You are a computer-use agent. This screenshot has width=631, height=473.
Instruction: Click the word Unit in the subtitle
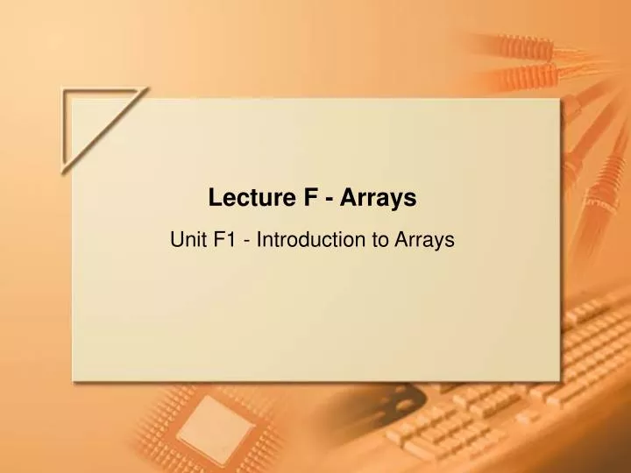click(187, 237)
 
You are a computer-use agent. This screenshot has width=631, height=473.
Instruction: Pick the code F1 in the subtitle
click(226, 237)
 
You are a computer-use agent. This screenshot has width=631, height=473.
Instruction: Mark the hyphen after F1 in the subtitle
click(250, 239)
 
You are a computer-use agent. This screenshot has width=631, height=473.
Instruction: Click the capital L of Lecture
click(215, 199)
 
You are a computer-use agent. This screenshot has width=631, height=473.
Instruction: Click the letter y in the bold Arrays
click(397, 202)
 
